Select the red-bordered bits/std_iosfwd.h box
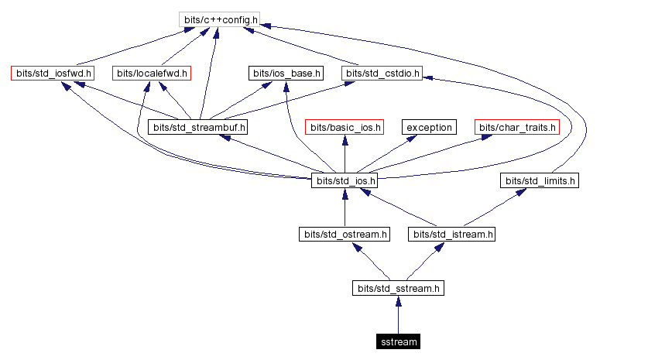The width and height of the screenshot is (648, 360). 52,74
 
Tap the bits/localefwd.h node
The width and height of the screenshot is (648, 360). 152,74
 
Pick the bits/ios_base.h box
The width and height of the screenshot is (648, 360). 286,74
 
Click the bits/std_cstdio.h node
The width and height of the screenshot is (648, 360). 382,74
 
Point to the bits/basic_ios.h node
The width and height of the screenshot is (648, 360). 345,127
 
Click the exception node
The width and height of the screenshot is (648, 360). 429,127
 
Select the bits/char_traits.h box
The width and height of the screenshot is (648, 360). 517,127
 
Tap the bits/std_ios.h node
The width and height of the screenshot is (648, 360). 345,181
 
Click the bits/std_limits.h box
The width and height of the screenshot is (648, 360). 540,181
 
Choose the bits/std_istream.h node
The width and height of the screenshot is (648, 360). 453,234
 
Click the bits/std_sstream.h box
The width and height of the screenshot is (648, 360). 399,288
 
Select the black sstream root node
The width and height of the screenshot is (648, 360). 399,341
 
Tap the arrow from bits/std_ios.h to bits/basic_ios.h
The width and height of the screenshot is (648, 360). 345,154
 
